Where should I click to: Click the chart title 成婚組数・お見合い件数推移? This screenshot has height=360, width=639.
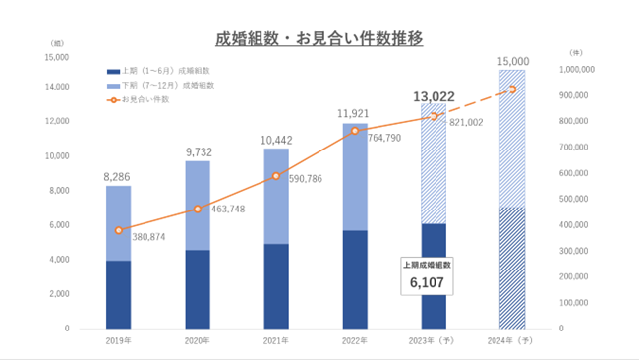(x=319, y=40)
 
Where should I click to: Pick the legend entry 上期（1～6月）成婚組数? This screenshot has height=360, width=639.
(x=163, y=71)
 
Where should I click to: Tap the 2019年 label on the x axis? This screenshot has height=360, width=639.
(x=118, y=340)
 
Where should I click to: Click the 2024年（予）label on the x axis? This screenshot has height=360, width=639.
(x=511, y=340)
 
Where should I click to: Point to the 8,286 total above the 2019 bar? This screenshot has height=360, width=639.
(x=118, y=178)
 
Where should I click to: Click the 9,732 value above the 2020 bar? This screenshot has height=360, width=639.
(x=197, y=152)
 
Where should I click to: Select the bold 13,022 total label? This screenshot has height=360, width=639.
(x=433, y=95)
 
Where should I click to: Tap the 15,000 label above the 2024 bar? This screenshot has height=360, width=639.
(x=511, y=61)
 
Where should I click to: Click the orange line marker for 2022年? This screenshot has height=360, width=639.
(x=355, y=130)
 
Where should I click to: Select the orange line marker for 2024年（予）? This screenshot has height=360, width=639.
(x=512, y=90)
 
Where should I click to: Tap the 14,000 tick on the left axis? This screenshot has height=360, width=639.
(x=54, y=87)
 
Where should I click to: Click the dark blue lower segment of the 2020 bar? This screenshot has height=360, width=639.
(x=198, y=289)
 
